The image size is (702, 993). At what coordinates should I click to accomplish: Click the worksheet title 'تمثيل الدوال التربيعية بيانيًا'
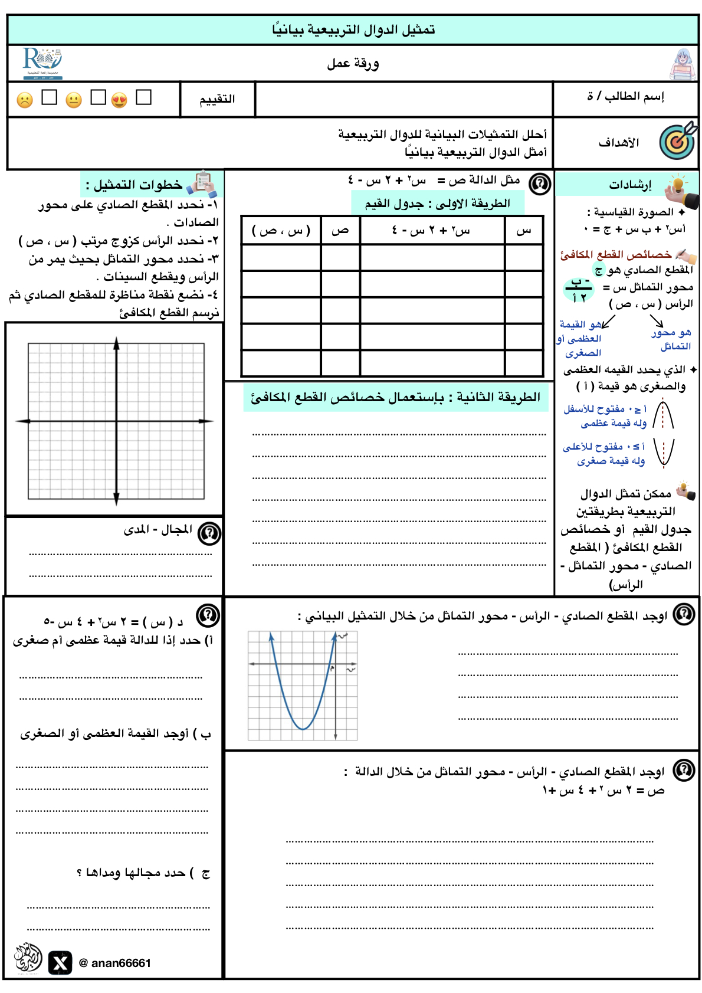tap(353, 30)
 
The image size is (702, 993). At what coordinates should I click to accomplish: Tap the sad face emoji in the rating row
tap(25, 100)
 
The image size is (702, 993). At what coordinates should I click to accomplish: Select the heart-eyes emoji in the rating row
tap(119, 100)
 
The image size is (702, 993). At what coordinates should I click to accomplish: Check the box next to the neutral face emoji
tap(98, 97)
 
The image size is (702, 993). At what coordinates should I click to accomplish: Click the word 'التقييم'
tap(217, 99)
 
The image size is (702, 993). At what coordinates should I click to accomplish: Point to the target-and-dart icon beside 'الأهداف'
tap(678, 142)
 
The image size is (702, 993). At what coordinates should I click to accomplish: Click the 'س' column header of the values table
tap(523, 230)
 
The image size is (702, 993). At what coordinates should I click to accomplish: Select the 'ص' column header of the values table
tap(340, 230)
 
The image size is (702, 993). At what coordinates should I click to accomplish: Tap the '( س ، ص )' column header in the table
tap(281, 230)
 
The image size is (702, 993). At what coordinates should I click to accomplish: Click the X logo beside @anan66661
tap(60, 963)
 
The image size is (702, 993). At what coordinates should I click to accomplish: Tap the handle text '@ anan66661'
tap(115, 963)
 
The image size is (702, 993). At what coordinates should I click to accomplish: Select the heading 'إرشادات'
tap(630, 185)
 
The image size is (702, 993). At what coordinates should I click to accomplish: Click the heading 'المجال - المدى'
tap(158, 530)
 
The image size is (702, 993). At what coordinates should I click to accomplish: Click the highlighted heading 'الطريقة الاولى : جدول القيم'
tap(437, 204)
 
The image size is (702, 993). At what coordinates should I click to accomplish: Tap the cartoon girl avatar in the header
tap(683, 64)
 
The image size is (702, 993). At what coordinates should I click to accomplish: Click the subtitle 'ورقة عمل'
tap(353, 63)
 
